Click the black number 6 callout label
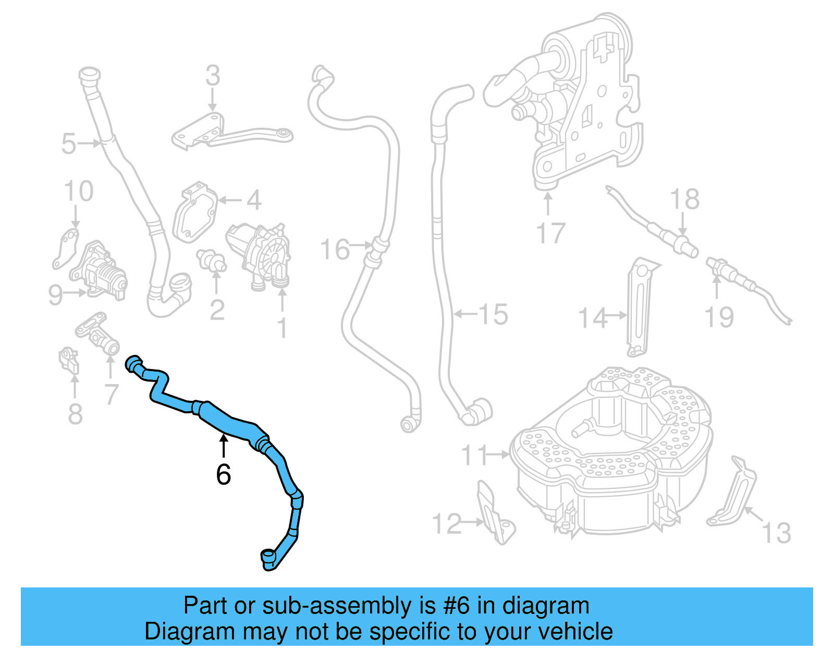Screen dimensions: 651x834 223,474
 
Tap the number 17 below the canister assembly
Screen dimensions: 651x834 550,233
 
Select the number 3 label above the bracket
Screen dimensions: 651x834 213,76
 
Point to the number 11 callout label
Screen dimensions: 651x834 475,455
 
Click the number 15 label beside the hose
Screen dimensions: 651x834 493,314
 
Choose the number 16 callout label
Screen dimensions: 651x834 335,250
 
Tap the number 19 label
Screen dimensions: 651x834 719,317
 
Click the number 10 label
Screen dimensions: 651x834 79,191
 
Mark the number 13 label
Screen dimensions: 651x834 776,533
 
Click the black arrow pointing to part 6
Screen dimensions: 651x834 223,446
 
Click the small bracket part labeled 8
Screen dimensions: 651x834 68,360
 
